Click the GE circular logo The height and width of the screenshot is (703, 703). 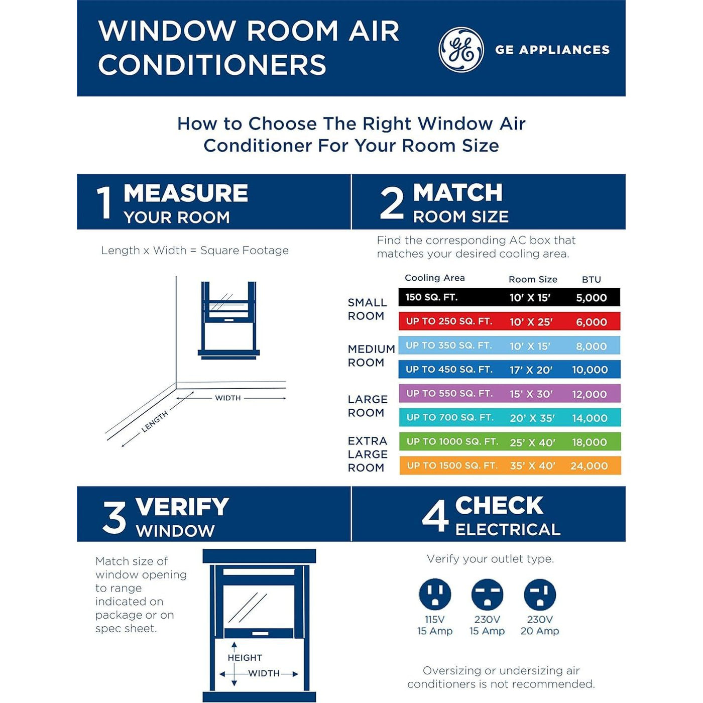(x=461, y=50)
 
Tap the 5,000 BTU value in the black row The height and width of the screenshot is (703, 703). (x=592, y=298)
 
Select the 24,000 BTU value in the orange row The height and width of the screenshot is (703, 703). (x=589, y=466)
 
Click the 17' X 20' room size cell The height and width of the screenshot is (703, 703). (x=531, y=370)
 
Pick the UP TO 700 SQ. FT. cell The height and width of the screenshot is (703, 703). (x=450, y=417)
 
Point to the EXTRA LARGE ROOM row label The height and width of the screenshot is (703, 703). (x=368, y=454)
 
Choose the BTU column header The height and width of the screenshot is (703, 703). (x=592, y=280)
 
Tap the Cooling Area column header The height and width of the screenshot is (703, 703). (x=435, y=278)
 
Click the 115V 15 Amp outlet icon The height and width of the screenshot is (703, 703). (x=435, y=595)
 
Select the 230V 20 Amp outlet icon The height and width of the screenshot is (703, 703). (x=540, y=595)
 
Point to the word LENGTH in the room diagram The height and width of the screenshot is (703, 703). (x=155, y=421)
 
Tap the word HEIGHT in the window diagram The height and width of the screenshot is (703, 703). (x=245, y=658)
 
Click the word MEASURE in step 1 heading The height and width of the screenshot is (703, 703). (x=186, y=193)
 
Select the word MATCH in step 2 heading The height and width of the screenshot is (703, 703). (x=457, y=192)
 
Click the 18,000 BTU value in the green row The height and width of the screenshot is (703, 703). (x=590, y=442)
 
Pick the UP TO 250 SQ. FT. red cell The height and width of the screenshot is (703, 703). (x=449, y=321)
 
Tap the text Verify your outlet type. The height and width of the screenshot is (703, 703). (x=490, y=559)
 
